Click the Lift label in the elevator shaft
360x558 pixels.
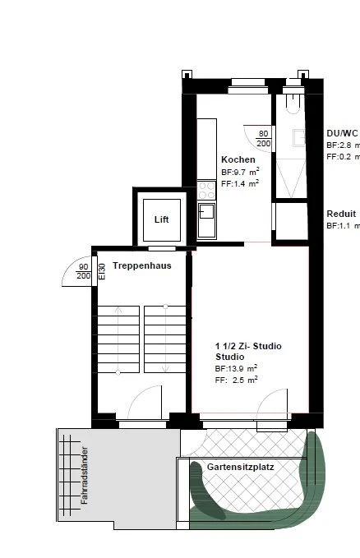[x=161, y=219]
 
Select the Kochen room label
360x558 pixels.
[x=238, y=159]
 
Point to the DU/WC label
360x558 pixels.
[x=342, y=132]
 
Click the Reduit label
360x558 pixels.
[x=341, y=213]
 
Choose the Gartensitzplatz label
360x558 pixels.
[x=241, y=466]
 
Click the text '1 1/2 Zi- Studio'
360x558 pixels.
[x=248, y=346]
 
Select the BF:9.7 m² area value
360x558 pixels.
[x=240, y=172]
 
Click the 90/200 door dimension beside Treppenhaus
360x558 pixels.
[x=83, y=271]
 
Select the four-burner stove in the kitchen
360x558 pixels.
[x=205, y=192]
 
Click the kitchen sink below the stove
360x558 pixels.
[x=205, y=220]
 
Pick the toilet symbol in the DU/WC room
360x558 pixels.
[x=294, y=104]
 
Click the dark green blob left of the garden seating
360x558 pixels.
[x=205, y=491]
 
